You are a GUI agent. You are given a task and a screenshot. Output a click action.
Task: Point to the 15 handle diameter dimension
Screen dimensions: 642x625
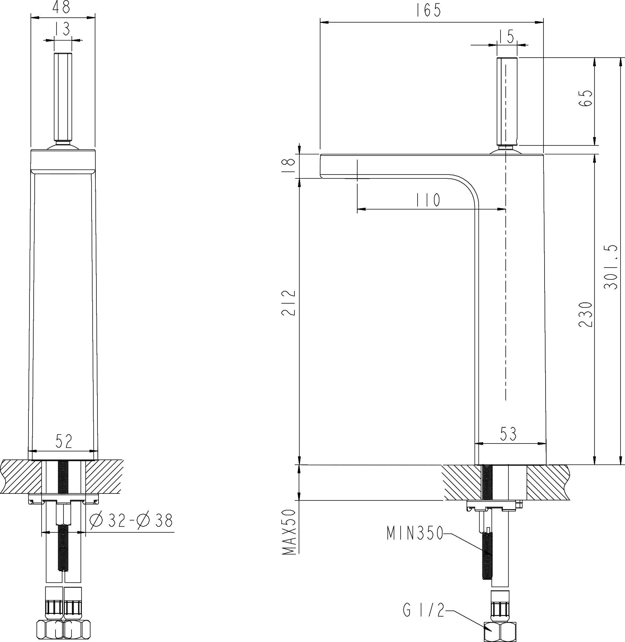click(x=507, y=36)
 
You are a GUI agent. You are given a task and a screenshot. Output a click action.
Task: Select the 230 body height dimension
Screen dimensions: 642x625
click(x=585, y=314)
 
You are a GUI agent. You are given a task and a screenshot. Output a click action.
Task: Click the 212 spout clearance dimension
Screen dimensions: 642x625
click(x=289, y=302)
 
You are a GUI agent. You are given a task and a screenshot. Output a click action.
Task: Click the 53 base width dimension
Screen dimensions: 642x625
click(x=508, y=434)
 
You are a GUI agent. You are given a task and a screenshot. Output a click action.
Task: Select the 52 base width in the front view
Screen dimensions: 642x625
click(x=64, y=441)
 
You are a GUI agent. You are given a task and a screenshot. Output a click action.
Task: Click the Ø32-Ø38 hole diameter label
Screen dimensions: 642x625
click(x=131, y=521)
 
